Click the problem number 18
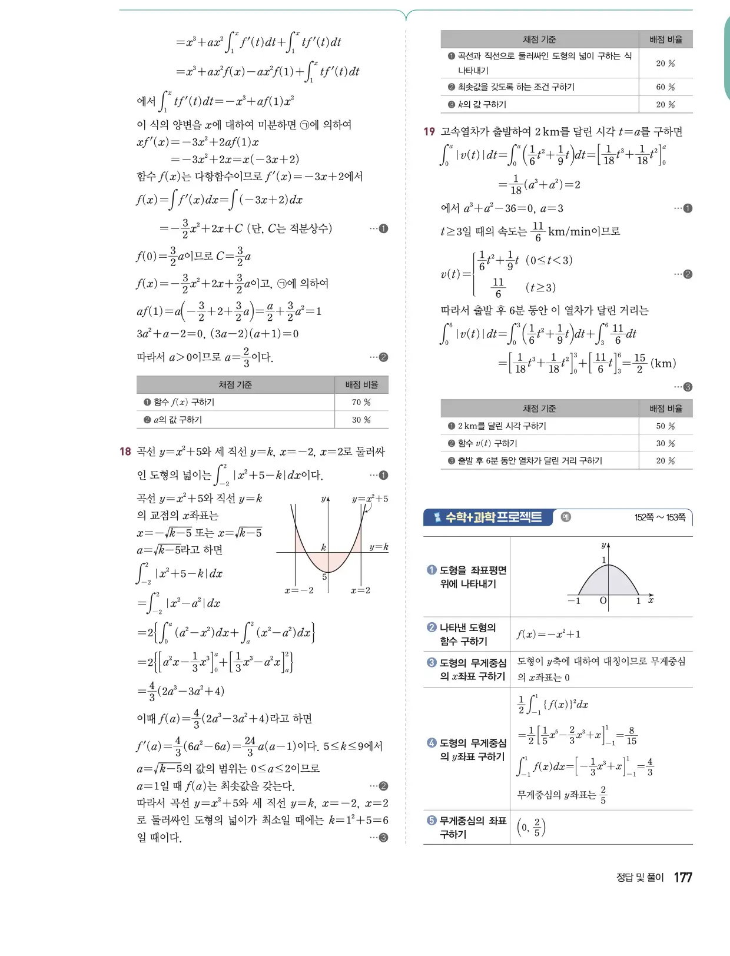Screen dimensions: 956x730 [x=125, y=452]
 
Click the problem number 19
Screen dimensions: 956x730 [x=429, y=132]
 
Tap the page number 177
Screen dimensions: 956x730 [x=683, y=877]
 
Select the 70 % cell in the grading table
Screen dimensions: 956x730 [x=361, y=402]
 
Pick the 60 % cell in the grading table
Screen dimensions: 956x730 [x=665, y=87]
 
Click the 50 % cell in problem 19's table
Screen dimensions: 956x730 [x=665, y=426]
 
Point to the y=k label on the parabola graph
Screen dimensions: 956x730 [x=379, y=547]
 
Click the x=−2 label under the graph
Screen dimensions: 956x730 [x=298, y=590]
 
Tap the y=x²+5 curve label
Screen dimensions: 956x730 [x=370, y=499]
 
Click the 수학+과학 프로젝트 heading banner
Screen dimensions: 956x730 [x=488, y=517]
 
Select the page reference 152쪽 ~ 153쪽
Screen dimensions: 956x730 [x=659, y=517]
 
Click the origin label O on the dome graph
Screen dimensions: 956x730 [x=603, y=600]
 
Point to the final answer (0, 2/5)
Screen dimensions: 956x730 [x=531, y=827]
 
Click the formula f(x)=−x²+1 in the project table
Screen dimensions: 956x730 [x=548, y=634]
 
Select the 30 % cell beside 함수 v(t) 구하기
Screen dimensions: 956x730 [x=665, y=443]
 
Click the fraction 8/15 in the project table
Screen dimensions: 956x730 [x=631, y=736]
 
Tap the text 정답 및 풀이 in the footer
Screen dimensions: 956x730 [x=639, y=878]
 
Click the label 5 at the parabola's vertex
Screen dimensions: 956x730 [x=324, y=577]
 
